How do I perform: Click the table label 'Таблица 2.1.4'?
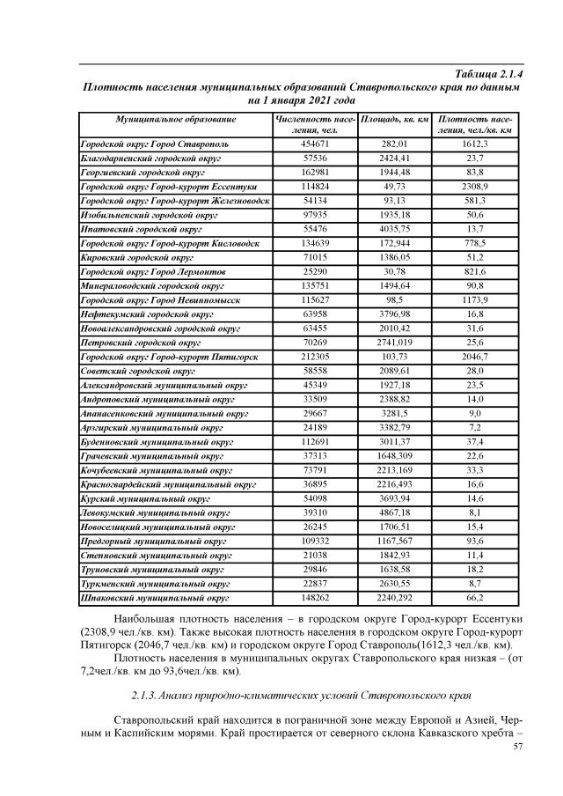[486, 75]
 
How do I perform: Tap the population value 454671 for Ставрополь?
[315, 143]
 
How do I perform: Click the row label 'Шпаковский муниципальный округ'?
[155, 599]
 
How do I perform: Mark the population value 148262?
[315, 599]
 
